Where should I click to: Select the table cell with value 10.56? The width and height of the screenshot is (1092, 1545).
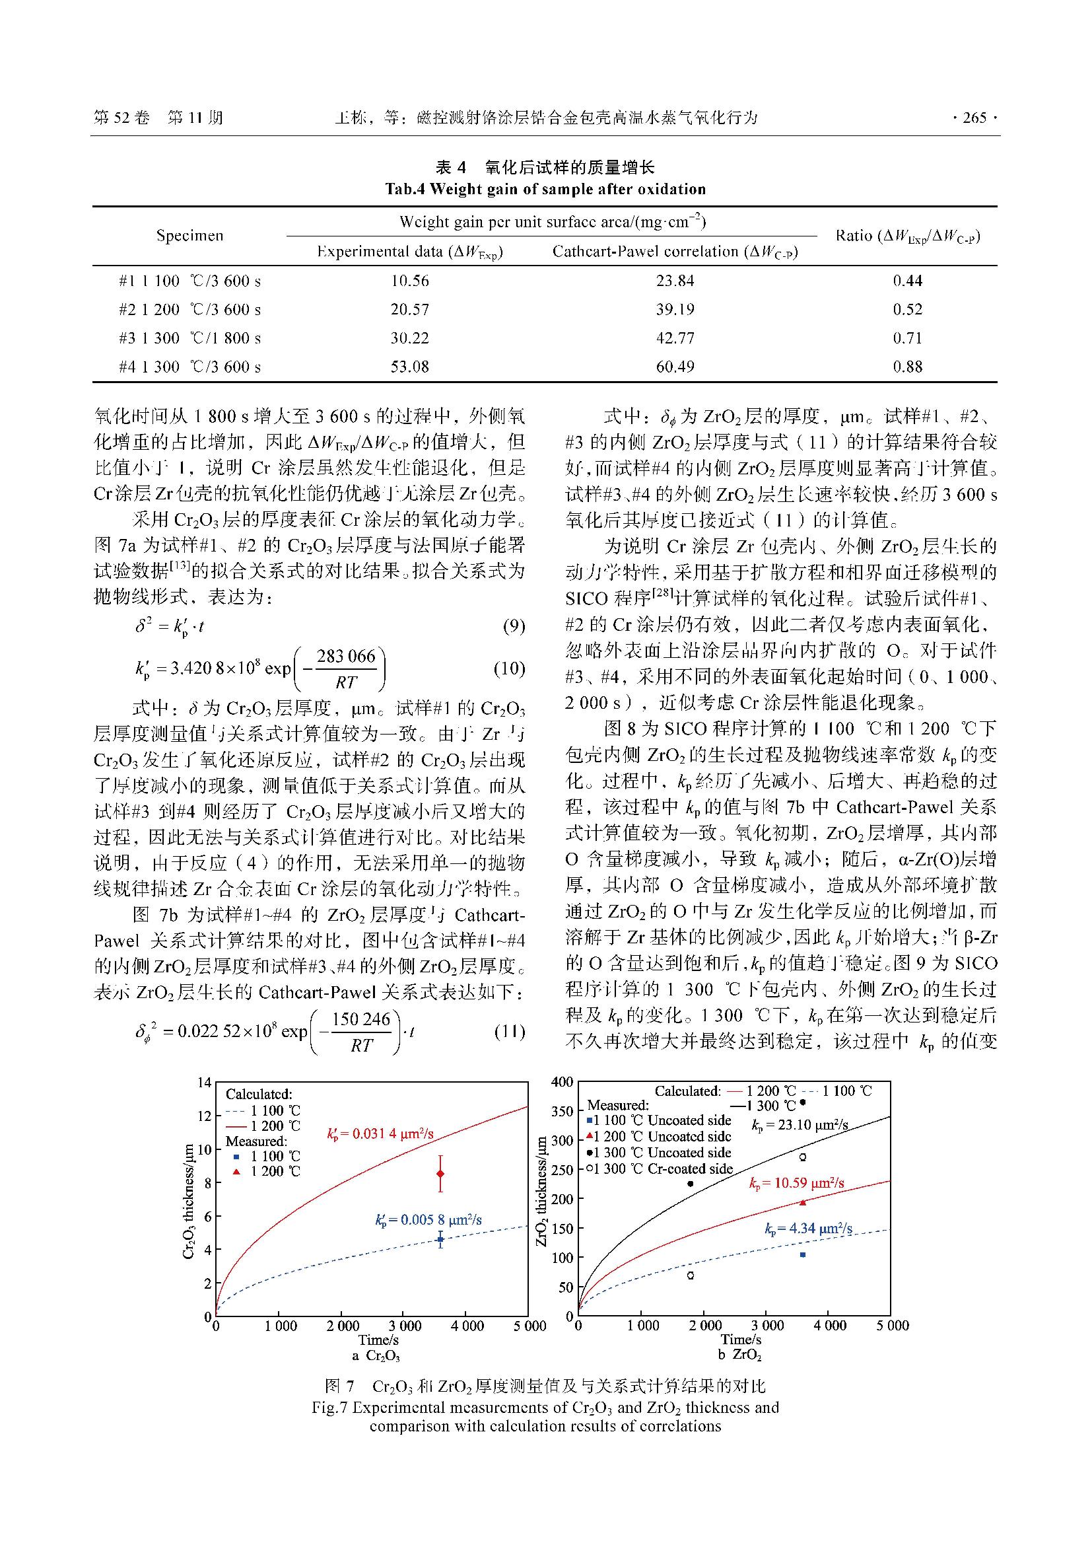point(409,281)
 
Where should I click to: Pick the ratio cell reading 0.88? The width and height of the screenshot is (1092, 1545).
point(907,367)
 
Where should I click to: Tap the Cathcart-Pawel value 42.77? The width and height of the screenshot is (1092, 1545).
point(675,338)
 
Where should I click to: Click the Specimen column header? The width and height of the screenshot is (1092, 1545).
point(189,236)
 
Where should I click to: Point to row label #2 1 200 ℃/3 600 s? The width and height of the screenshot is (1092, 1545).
point(189,310)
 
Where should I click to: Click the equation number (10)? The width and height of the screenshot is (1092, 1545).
point(509,668)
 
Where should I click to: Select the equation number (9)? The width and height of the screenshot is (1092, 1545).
point(514,626)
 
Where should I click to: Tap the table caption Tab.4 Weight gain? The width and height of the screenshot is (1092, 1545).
point(545,189)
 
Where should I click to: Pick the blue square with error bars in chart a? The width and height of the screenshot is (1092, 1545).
point(440,1239)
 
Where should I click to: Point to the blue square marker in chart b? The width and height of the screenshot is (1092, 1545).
point(802,1254)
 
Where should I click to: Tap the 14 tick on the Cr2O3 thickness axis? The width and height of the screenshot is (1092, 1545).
point(204,1083)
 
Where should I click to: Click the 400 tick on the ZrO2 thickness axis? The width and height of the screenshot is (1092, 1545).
point(562,1083)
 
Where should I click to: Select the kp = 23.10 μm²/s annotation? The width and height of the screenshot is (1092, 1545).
point(800,1124)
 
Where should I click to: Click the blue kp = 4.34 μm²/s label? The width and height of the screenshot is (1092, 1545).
point(808,1229)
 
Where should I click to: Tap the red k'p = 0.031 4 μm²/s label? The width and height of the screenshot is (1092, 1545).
point(380,1134)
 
